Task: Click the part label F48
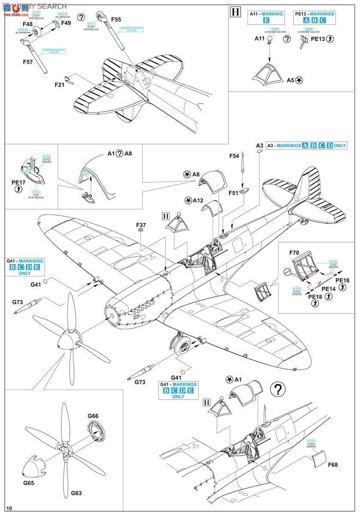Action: coord(27,24)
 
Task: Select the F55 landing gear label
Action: coord(116,19)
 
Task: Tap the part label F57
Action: coord(28,61)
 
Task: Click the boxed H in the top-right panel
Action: coord(235,12)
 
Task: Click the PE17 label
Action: coord(18,182)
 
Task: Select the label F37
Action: coord(141,224)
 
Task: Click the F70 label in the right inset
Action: coord(294,253)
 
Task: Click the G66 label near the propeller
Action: coord(93,416)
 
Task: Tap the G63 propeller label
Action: coord(76,493)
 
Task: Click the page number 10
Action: coord(9,509)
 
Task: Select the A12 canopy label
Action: coord(198,200)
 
